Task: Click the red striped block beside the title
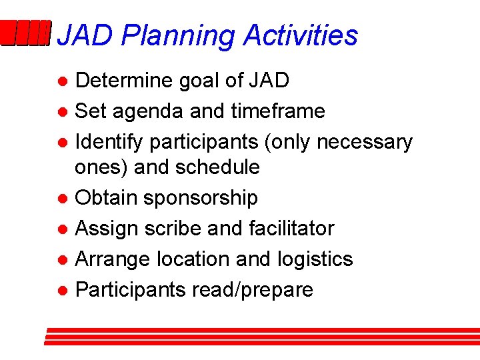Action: (x=25, y=33)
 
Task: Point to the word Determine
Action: (x=124, y=81)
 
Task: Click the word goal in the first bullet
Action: (x=201, y=81)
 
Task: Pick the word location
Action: (x=195, y=259)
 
